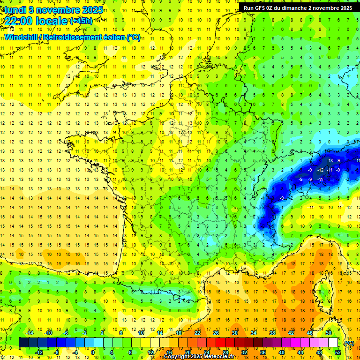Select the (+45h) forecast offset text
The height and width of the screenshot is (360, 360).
(x=81, y=21)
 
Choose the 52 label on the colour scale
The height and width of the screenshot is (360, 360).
(x=337, y=352)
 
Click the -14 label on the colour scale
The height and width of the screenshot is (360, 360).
(x=30, y=333)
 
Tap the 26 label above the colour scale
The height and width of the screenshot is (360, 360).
(x=216, y=333)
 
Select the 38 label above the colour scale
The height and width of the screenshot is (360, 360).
(x=272, y=333)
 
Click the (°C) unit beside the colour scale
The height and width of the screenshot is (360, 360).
(x=349, y=343)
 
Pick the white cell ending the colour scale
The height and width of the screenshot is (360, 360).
(x=333, y=342)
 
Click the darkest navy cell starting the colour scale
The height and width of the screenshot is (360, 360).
(x=23, y=342)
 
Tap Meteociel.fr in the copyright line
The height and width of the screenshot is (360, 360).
(x=220, y=357)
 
